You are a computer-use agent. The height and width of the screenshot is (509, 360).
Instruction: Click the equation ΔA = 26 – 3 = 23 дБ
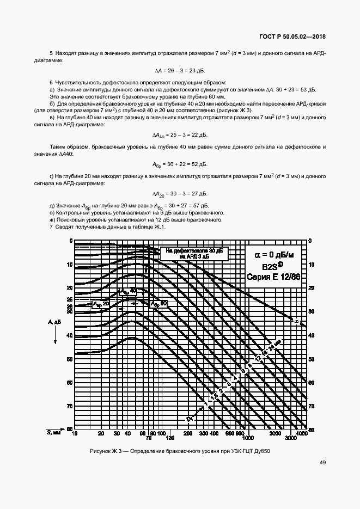point(180,71)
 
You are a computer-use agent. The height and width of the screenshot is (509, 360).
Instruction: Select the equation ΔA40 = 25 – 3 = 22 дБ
point(180,134)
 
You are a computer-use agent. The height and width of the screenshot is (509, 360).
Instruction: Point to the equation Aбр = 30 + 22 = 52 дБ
point(180,164)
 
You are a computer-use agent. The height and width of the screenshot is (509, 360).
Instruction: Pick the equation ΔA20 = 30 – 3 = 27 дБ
point(180,194)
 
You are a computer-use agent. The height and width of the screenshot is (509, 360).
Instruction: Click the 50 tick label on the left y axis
point(69,359)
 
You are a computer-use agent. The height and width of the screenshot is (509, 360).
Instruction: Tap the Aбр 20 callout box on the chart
point(101,304)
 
